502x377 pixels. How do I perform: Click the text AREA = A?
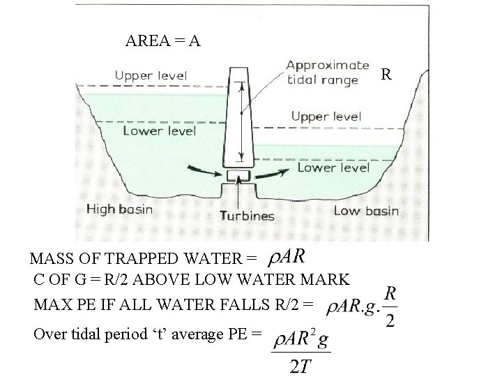[x=163, y=41]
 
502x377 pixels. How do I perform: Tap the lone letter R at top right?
[x=388, y=73]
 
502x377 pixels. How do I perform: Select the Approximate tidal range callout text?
[x=328, y=72]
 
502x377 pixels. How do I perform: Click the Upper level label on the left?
[x=151, y=75]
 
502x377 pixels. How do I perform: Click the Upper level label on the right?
[x=326, y=116]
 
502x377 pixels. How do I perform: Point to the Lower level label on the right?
[x=333, y=168]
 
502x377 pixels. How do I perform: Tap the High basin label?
[x=119, y=209]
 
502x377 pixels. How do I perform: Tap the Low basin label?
[x=366, y=211]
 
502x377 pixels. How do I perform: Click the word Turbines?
[x=248, y=216]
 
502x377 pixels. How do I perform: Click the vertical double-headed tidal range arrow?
[x=240, y=122]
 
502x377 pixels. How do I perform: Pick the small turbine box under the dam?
[x=239, y=174]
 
